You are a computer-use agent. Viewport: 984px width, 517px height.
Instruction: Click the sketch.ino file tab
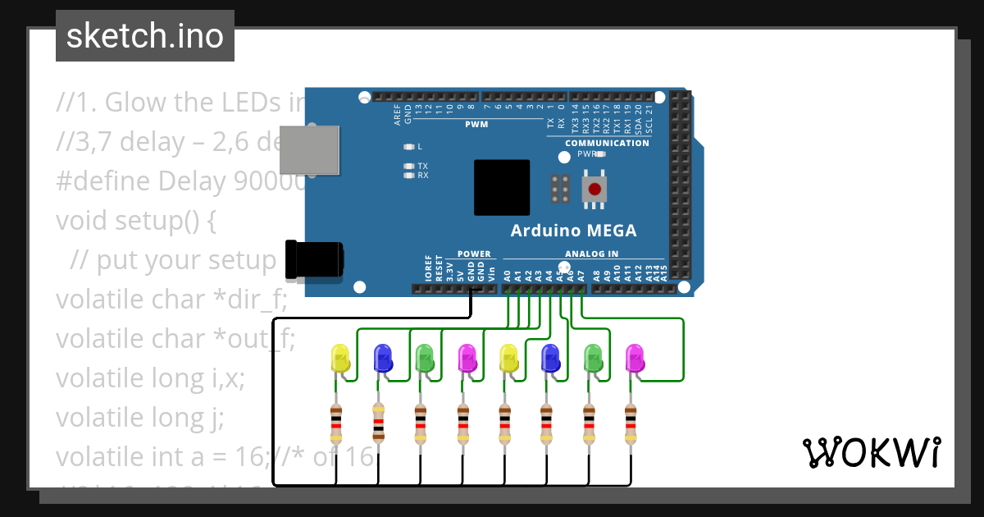tap(145, 36)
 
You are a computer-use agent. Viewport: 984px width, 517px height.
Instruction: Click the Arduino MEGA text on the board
tap(573, 230)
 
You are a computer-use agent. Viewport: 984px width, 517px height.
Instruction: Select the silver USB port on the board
tap(309, 150)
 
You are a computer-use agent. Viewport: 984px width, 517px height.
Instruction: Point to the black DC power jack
tap(314, 260)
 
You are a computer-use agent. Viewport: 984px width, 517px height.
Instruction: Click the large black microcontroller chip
tap(502, 187)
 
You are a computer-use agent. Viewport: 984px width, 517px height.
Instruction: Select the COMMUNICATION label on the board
tap(607, 143)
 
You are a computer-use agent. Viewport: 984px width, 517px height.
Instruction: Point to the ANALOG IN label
tap(591, 254)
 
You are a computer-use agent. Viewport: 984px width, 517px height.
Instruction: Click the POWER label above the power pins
tap(473, 254)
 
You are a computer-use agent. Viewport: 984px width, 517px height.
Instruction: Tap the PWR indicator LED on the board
tap(601, 153)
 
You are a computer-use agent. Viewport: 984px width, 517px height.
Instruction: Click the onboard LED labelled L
tap(409, 147)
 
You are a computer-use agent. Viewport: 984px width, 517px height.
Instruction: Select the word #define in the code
tap(103, 181)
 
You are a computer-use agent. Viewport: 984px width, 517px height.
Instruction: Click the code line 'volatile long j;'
tap(140, 419)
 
